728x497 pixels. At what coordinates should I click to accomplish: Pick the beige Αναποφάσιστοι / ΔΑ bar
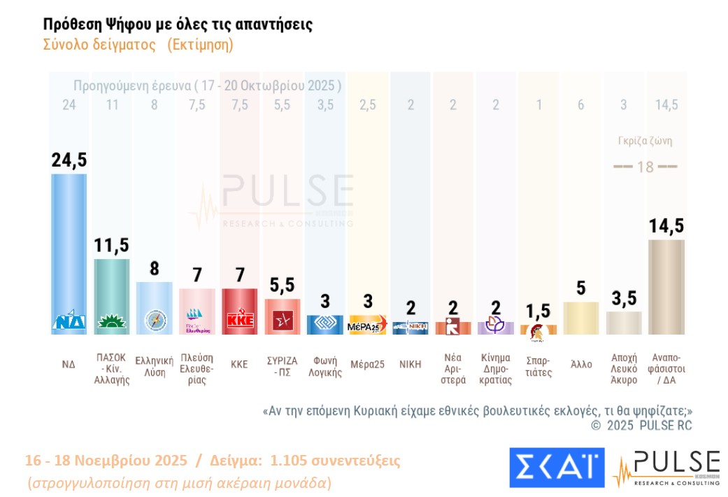pos(666,287)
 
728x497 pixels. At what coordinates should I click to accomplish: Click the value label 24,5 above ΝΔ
pos(69,160)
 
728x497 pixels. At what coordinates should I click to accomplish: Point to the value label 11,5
pos(112,246)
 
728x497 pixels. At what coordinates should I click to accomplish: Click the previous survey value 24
pos(69,106)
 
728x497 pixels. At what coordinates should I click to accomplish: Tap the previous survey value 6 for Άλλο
pos(581,106)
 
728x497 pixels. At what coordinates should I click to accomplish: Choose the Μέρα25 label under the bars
pos(367,365)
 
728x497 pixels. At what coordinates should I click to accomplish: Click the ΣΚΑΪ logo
pos(557,467)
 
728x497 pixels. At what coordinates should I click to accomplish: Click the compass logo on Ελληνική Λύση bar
pos(155,320)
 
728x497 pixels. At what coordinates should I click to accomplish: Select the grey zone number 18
pos(645,167)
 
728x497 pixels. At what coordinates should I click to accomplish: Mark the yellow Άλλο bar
pos(581,318)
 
